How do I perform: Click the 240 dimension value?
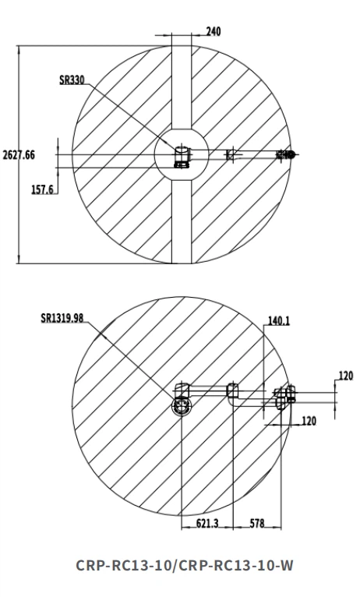tap(213, 31)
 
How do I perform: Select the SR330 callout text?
tap(72, 80)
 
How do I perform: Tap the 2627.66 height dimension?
tap(19, 155)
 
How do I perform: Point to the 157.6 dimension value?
tap(42, 189)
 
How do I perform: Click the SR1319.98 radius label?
tap(62, 318)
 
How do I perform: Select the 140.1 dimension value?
tap(279, 321)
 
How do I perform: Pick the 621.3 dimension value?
tap(207, 524)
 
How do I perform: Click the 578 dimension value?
tap(257, 524)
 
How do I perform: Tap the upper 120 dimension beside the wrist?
tap(345, 376)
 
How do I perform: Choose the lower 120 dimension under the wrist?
tap(309, 421)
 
